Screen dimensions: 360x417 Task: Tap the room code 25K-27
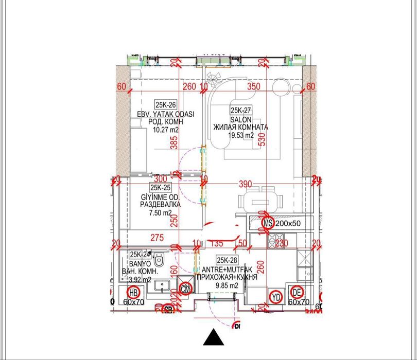click(240, 110)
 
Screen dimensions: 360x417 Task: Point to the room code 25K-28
click(227, 260)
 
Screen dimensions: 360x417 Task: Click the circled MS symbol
click(268, 223)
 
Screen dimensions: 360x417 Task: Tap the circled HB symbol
click(133, 293)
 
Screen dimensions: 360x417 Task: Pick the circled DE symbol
click(297, 293)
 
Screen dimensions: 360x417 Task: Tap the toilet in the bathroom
click(159, 260)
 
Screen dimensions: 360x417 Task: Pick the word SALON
click(240, 119)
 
